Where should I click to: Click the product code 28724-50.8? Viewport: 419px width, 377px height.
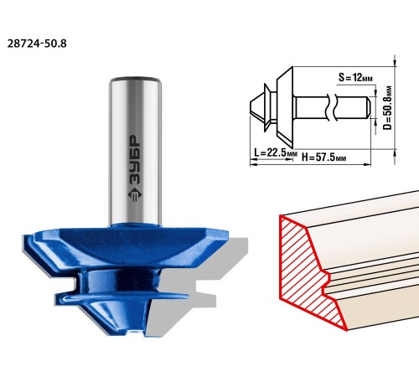click(x=37, y=44)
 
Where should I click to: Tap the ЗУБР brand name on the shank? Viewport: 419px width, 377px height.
click(x=135, y=160)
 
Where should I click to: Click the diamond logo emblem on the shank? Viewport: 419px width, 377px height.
click(x=135, y=194)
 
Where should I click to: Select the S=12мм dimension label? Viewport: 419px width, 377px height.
click(x=355, y=77)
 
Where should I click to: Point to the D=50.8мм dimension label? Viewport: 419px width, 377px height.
click(x=387, y=107)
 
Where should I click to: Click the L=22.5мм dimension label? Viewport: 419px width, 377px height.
click(x=275, y=152)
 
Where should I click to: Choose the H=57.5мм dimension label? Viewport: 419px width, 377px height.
click(x=323, y=158)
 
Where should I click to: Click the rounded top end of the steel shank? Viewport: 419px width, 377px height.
click(x=135, y=80)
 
